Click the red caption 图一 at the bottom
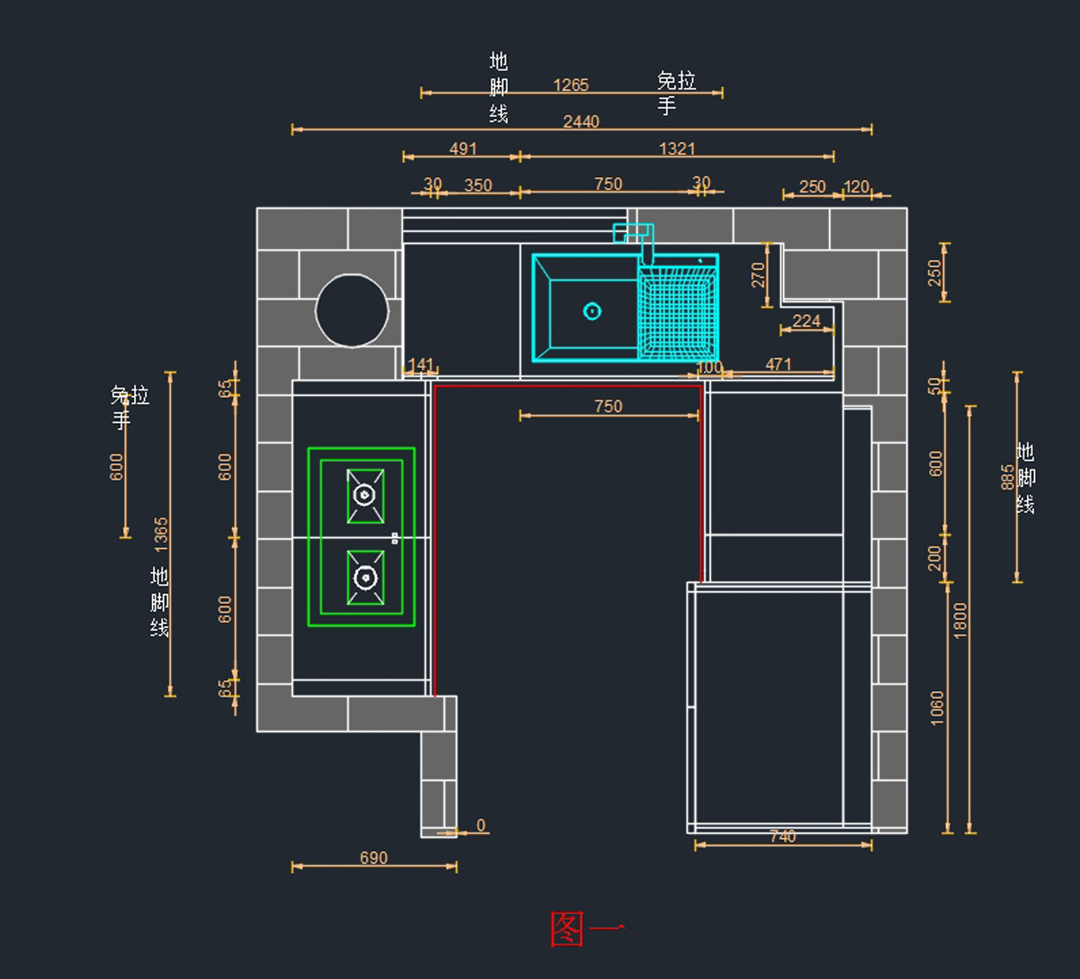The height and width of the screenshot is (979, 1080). [x=586, y=930]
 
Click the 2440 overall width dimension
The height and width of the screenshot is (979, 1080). [x=580, y=121]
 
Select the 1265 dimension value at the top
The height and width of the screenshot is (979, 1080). [x=571, y=85]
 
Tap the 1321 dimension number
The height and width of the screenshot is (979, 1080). [x=677, y=148]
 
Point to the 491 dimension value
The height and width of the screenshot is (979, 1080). [x=463, y=148]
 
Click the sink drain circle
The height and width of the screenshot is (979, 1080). [x=592, y=311]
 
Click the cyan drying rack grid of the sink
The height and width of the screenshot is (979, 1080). [x=678, y=311]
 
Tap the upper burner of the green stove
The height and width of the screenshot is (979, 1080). [x=364, y=495]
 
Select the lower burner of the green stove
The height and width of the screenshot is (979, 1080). [x=364, y=577]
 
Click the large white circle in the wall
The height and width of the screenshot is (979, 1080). [x=352, y=310]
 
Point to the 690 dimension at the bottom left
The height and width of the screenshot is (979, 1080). [x=373, y=858]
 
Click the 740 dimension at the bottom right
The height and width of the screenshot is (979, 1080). [x=783, y=837]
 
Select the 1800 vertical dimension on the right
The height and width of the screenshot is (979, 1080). [x=960, y=620]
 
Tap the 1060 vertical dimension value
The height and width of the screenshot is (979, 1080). [x=938, y=708]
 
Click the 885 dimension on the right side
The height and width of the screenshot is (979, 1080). [x=1007, y=477]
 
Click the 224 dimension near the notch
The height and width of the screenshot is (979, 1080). [x=806, y=321]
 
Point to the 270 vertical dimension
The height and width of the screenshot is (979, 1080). [x=758, y=274]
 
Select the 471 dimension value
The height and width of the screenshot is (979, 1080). [x=778, y=364]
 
